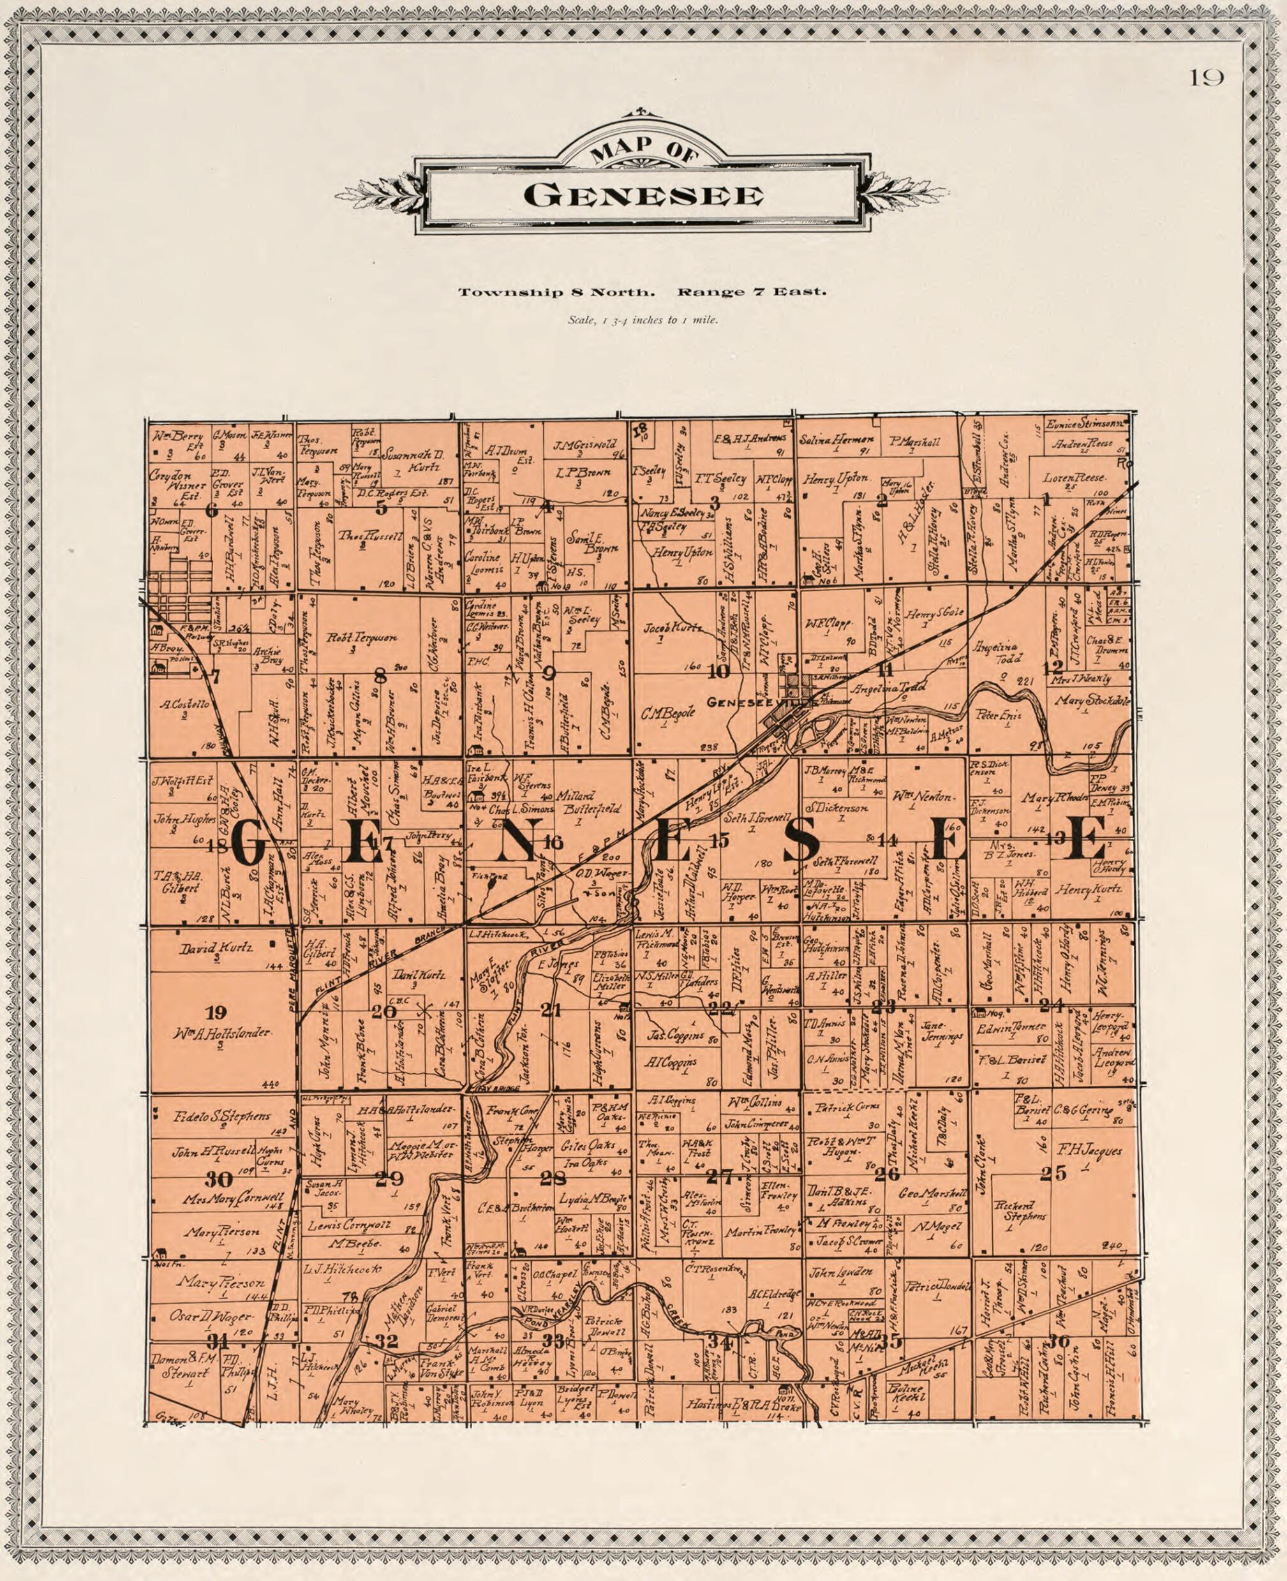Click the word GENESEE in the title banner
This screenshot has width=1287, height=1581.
(643, 197)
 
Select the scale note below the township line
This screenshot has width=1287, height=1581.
(642, 321)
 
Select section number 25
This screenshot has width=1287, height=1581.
(1053, 1173)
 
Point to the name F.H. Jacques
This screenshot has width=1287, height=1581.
(1089, 1151)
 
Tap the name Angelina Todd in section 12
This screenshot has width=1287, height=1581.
(1004, 652)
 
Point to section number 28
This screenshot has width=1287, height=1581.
(553, 1178)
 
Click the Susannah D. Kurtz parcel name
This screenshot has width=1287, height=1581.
(412, 461)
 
